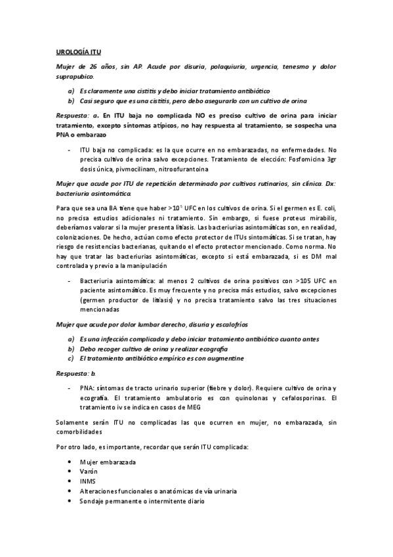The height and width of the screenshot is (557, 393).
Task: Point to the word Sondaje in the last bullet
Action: click(x=93, y=501)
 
